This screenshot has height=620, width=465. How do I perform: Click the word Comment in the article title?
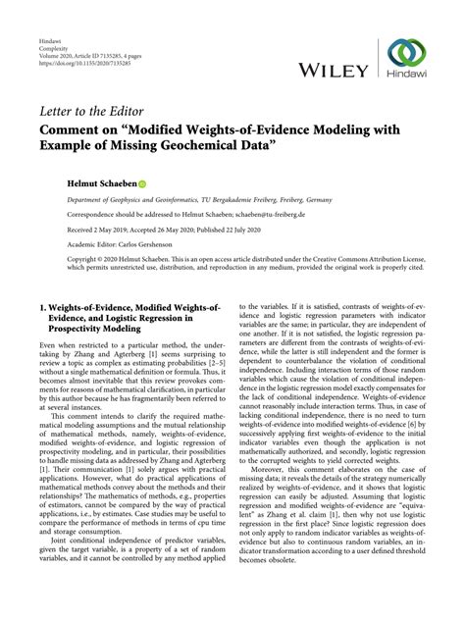(x=71, y=129)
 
